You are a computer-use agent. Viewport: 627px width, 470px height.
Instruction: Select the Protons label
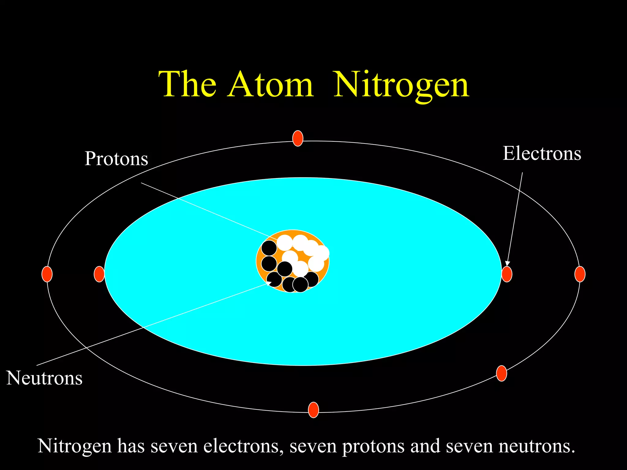point(116,159)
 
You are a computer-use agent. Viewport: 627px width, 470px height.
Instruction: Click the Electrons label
point(542,153)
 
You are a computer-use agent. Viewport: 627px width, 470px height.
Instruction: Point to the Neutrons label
point(44,378)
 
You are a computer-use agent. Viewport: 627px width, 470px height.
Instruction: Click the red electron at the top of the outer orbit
point(298,138)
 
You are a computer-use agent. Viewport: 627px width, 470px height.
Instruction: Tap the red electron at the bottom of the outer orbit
point(313,410)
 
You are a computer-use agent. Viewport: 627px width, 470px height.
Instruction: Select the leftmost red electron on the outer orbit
point(47,274)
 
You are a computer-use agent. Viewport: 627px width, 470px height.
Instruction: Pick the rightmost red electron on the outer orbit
point(580,274)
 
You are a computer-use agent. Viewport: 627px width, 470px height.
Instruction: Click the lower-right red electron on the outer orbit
point(501,373)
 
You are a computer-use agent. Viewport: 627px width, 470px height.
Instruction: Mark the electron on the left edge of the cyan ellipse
point(99,274)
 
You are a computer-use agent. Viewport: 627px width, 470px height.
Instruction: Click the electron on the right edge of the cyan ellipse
point(507,274)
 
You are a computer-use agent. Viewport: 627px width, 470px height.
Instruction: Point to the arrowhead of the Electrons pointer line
point(507,263)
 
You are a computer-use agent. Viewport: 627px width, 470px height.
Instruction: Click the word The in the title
point(187,84)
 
